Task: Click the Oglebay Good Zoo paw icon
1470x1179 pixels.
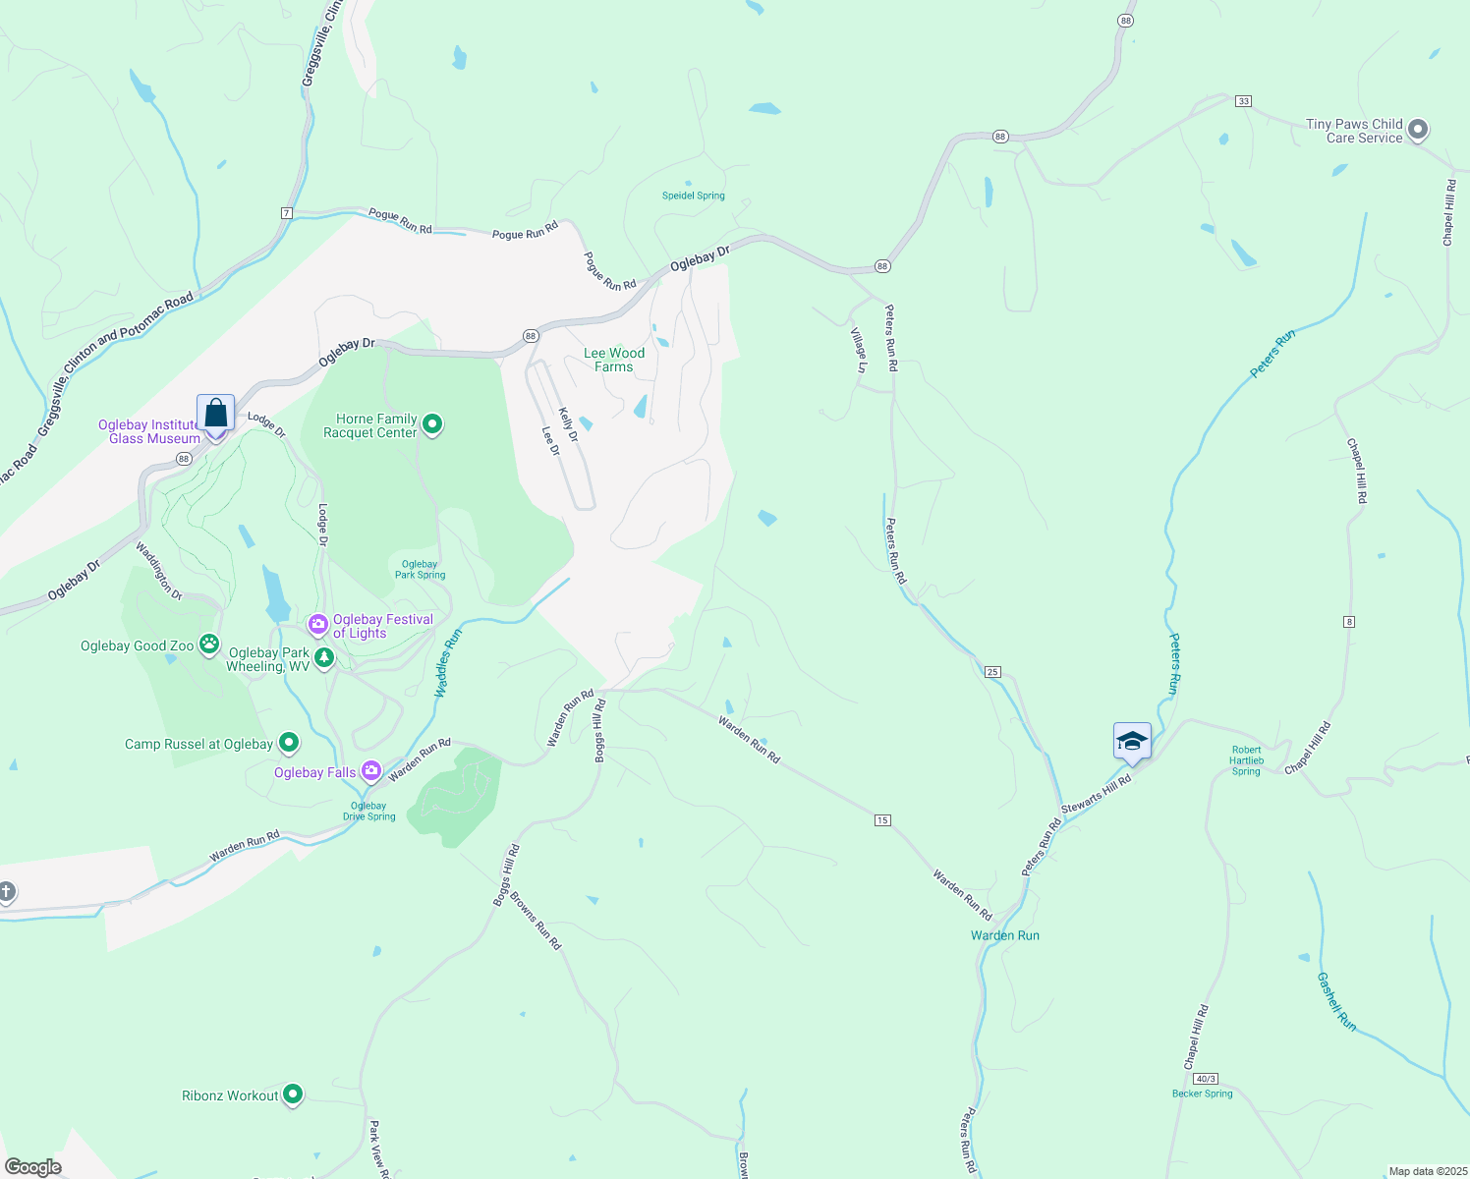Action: [x=209, y=645]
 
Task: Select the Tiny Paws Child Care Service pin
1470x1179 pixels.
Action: [x=1417, y=130]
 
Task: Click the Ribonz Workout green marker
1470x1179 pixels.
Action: [x=292, y=1095]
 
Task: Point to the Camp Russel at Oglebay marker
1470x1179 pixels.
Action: [x=288, y=743]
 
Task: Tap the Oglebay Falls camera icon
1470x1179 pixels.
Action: [x=370, y=771]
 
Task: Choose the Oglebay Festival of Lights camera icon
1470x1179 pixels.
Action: [x=317, y=625]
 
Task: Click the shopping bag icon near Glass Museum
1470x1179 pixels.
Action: [x=215, y=414]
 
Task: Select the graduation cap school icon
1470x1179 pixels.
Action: [x=1131, y=740]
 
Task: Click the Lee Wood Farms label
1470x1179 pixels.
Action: [x=614, y=360]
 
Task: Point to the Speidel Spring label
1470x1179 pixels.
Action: [x=693, y=196]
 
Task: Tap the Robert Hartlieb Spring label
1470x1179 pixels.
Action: [x=1246, y=760]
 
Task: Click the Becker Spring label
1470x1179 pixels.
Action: [x=1202, y=1094]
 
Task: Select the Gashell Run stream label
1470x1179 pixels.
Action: [x=1336, y=1001]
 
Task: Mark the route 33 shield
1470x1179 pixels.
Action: [x=1244, y=101]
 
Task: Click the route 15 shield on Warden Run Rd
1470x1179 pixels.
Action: [x=882, y=819]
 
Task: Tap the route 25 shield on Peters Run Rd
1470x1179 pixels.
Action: [x=992, y=672]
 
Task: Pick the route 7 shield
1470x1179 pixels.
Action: [x=286, y=213]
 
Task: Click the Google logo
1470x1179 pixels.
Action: [x=33, y=1166]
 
